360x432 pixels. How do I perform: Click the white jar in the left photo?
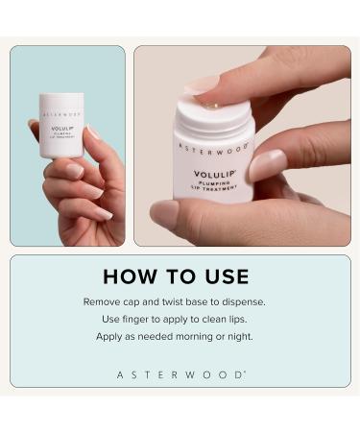(x=61, y=126)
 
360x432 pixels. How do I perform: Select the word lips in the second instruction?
(x=249, y=320)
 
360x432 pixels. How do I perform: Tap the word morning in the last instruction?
(x=208, y=337)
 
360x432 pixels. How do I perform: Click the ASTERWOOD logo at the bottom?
(x=180, y=374)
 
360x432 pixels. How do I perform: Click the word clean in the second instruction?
(x=220, y=320)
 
